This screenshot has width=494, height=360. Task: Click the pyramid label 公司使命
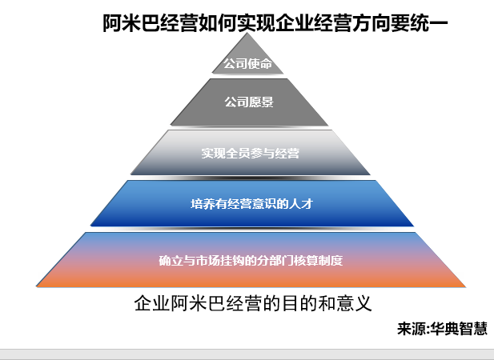click(x=247, y=64)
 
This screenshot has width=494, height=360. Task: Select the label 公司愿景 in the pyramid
click(x=249, y=102)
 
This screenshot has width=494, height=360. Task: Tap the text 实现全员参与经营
click(x=250, y=154)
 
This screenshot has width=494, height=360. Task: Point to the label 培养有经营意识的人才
click(x=251, y=204)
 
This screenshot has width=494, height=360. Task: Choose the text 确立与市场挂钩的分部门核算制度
click(x=251, y=261)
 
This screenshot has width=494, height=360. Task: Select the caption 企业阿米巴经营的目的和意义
click(x=253, y=303)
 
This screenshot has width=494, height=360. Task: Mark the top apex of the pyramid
click(x=247, y=33)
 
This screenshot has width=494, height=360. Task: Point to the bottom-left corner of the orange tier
click(x=37, y=286)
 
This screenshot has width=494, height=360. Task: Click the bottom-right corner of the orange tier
click(x=465, y=286)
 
